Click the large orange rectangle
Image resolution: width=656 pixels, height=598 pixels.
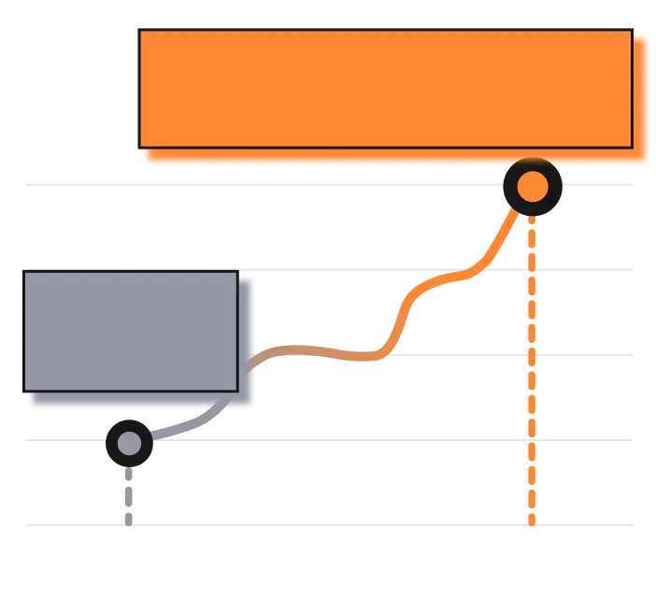[385, 89]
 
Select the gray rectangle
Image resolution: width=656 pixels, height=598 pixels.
[131, 331]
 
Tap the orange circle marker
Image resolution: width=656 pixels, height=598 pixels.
[532, 187]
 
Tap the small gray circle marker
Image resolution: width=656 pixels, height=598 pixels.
[129, 441]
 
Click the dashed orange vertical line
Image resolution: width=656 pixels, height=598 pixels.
[532, 374]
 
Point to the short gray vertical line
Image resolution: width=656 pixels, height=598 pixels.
[129, 495]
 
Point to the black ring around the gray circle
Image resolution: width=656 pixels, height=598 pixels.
[113, 431]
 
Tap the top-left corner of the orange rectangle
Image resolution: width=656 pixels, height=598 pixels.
[139, 31]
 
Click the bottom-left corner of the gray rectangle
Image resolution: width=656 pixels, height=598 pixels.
[25, 390]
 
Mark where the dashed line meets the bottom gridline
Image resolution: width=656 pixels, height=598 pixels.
[532, 527]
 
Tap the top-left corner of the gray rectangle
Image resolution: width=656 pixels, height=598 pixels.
[25, 273]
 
